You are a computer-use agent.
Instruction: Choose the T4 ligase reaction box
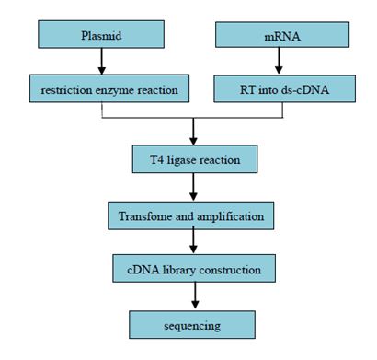pyautogui.click(x=192, y=160)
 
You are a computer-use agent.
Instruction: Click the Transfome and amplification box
pyautogui.click(x=192, y=215)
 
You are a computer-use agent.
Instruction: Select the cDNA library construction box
pyautogui.click(x=192, y=270)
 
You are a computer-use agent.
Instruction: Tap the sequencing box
pyautogui.click(x=192, y=325)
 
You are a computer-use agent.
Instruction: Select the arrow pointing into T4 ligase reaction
pyautogui.click(x=192, y=132)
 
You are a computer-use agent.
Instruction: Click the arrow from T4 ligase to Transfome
pyautogui.click(x=192, y=188)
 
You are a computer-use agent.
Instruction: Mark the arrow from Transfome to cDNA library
pyautogui.click(x=192, y=243)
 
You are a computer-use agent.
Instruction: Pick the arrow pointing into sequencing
pyautogui.click(x=192, y=297)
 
